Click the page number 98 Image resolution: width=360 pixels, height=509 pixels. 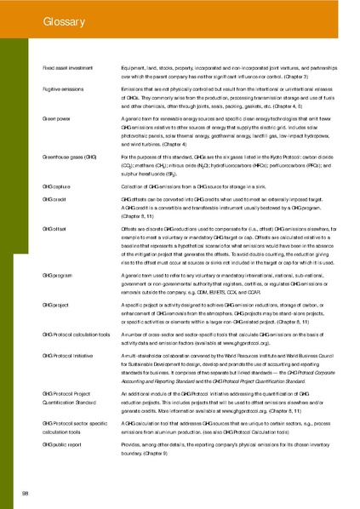click(26, 492)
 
